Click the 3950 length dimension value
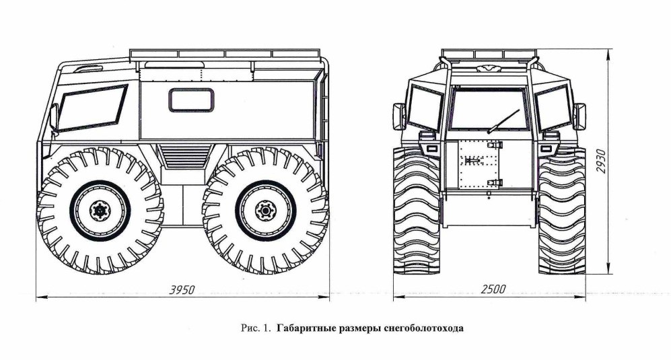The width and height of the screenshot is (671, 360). pos(180,290)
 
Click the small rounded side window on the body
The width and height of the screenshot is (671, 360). pos(191,100)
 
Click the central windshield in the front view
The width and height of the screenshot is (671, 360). pos(489,110)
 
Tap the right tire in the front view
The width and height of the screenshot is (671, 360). pos(561,212)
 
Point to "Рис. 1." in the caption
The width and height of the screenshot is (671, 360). pos(255,328)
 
